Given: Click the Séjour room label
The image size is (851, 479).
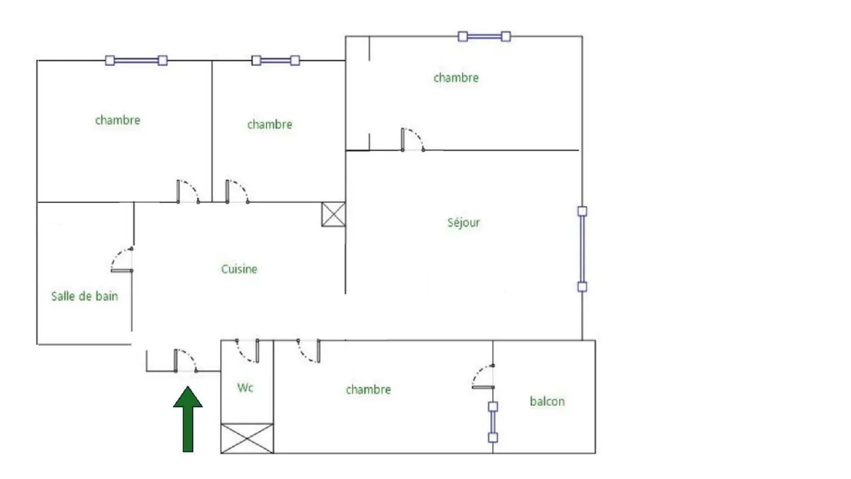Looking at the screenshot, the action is click(x=463, y=223).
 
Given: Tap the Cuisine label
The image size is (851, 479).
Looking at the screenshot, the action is click(x=239, y=269).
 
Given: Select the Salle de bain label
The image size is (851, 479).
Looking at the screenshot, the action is click(x=84, y=296).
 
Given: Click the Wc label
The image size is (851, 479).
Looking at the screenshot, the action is click(x=245, y=387).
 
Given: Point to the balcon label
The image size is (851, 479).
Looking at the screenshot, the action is click(x=547, y=401).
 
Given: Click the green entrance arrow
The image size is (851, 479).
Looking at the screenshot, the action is click(x=188, y=419).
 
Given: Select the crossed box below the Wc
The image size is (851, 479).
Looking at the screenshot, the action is click(x=247, y=439).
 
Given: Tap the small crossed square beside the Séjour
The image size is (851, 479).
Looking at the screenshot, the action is click(x=333, y=214).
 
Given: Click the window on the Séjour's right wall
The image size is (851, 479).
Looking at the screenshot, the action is click(x=582, y=249).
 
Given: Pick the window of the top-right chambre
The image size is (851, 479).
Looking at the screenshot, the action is click(x=484, y=36).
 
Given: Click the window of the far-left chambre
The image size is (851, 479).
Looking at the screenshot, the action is click(x=136, y=60).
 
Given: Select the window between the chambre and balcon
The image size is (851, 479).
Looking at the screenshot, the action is click(x=493, y=422).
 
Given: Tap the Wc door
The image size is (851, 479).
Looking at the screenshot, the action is click(x=247, y=351).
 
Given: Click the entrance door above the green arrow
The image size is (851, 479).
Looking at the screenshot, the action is click(x=186, y=360).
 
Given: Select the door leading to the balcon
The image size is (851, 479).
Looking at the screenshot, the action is click(x=483, y=377).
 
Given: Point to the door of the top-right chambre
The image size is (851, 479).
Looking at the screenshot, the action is click(x=413, y=140).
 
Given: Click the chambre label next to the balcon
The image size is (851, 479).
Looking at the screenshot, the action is click(x=368, y=390).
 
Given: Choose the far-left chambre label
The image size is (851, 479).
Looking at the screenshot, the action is click(x=118, y=121).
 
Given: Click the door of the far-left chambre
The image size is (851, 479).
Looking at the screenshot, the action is click(x=188, y=191).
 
